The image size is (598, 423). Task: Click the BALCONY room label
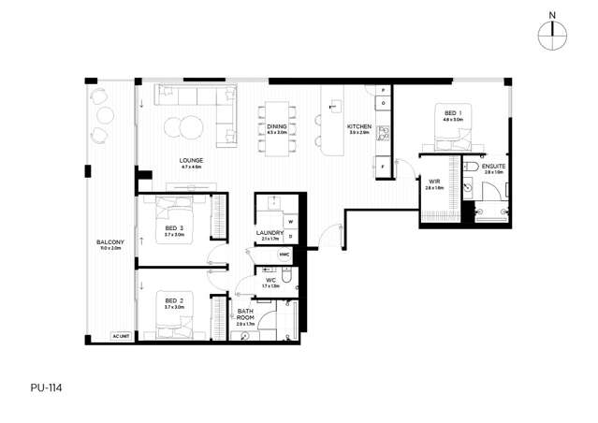[109, 243]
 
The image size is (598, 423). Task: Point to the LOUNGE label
[192, 161]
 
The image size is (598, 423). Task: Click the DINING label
[277, 127]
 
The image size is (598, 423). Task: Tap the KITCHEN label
[359, 127]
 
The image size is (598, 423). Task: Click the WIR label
[434, 183]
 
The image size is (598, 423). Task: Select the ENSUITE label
[494, 168]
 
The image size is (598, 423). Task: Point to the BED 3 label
[174, 228]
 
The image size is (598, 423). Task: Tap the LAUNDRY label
[270, 234]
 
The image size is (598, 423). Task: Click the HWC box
[284, 254]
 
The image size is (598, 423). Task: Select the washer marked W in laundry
[290, 222]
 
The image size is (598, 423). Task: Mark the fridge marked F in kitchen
[383, 167]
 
